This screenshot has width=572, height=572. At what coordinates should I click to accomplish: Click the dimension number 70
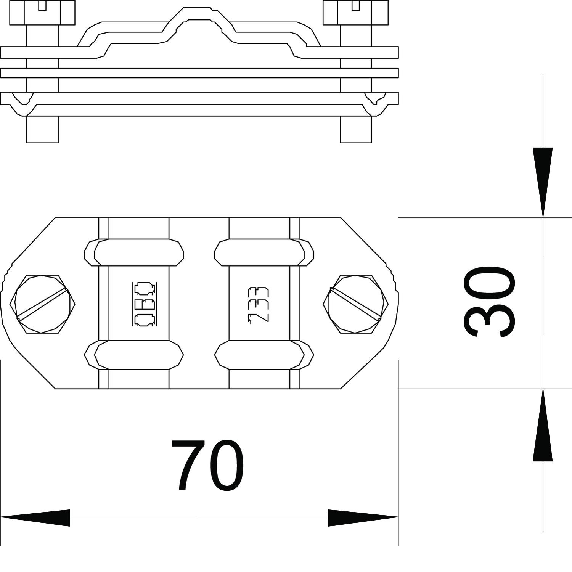(x=207, y=465)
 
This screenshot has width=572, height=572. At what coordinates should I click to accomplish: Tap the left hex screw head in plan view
(x=42, y=304)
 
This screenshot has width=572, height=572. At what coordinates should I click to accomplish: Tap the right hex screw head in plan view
(x=356, y=304)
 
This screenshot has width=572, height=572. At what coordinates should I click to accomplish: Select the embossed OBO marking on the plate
(x=145, y=304)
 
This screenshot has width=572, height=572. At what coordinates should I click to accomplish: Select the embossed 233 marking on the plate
(x=259, y=305)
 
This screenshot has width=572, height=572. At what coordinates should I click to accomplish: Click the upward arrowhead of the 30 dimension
(x=543, y=425)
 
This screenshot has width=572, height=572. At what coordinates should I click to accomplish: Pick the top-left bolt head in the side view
(x=42, y=13)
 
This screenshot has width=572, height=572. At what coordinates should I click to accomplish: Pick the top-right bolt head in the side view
(x=355, y=13)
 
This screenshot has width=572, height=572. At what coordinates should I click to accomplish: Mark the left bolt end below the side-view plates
(x=42, y=130)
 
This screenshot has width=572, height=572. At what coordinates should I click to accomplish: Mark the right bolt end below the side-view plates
(x=356, y=130)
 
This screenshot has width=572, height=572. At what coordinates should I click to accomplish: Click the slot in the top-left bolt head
(x=42, y=5)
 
